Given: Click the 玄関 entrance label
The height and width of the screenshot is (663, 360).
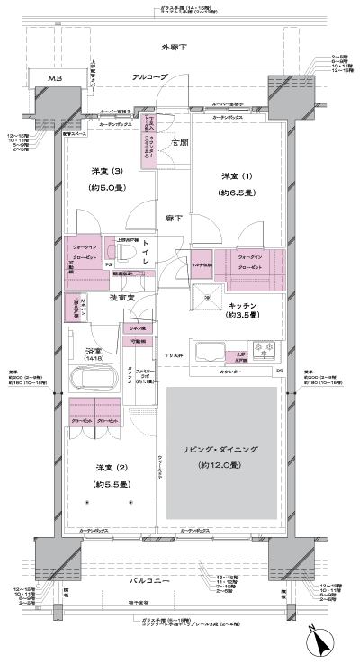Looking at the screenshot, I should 179,142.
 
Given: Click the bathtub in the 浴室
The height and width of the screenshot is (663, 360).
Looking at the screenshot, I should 101,376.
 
